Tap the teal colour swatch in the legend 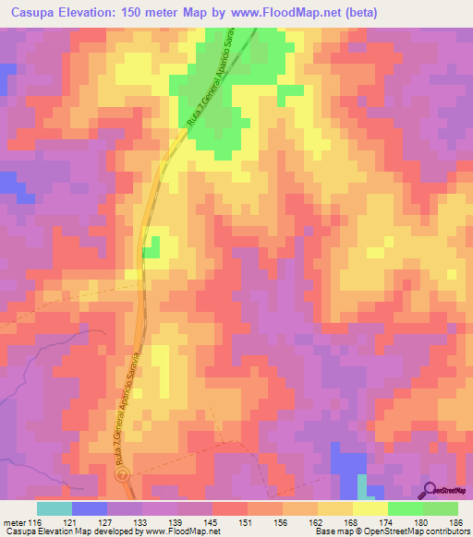[54, 508]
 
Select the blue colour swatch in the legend [89, 508]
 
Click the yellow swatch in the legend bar [370, 508]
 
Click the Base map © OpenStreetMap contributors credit [388, 531]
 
